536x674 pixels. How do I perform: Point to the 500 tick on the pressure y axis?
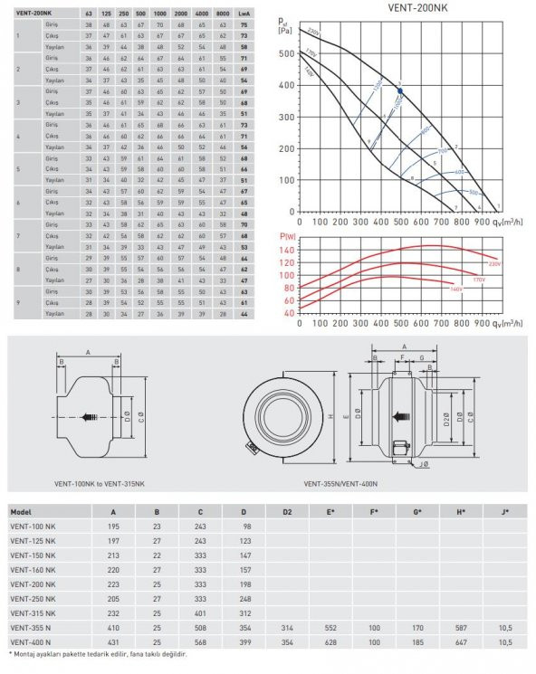click(287, 53)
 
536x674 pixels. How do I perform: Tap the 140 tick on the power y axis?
click(289, 249)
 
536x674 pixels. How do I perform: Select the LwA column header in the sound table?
click(244, 15)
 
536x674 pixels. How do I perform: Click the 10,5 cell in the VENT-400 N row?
click(505, 641)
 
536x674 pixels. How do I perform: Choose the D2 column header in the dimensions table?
click(286, 510)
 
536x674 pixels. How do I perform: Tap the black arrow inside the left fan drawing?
click(91, 417)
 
